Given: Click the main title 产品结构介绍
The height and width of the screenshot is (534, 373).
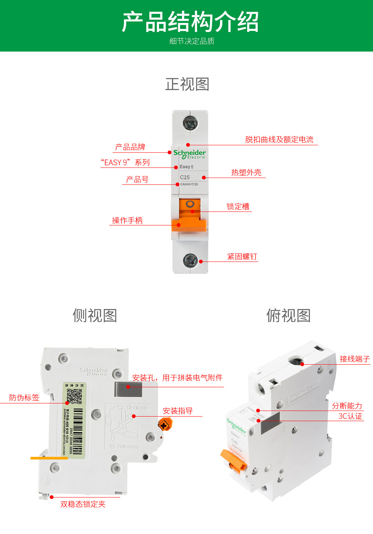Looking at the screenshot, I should pyautogui.click(x=190, y=22).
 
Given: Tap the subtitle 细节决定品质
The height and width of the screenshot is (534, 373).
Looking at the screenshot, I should pyautogui.click(x=192, y=41).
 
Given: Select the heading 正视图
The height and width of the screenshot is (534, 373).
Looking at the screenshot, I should pyautogui.click(x=187, y=84).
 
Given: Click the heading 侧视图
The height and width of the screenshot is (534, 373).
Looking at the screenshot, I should pyautogui.click(x=95, y=315).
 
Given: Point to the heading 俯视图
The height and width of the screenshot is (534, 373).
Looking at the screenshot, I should pyautogui.click(x=289, y=315).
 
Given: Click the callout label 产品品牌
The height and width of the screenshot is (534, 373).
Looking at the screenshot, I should pyautogui.click(x=130, y=147).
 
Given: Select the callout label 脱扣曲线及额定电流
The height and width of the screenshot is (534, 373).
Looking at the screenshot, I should pyautogui.click(x=279, y=140).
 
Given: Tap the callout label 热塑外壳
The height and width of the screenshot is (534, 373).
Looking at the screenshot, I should pyautogui.click(x=246, y=173).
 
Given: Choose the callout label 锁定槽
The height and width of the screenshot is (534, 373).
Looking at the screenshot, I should pyautogui.click(x=238, y=207).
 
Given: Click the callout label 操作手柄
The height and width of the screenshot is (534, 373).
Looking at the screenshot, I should pyautogui.click(x=127, y=221).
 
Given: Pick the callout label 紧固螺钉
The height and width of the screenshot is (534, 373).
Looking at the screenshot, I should pyautogui.click(x=242, y=257).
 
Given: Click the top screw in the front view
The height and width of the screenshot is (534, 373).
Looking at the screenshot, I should pyautogui.click(x=190, y=123).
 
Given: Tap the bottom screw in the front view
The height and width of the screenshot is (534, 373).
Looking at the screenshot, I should pyautogui.click(x=190, y=259).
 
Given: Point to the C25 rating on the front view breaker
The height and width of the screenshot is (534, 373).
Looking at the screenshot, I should pyautogui.click(x=185, y=177).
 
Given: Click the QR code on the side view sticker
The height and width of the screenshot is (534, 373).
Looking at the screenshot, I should pyautogui.click(x=74, y=396).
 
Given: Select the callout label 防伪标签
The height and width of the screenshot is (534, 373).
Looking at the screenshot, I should pyautogui.click(x=24, y=398).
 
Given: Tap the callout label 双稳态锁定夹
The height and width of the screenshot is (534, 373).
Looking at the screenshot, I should pyautogui.click(x=83, y=504).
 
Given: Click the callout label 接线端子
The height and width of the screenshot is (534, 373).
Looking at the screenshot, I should pyautogui.click(x=355, y=359).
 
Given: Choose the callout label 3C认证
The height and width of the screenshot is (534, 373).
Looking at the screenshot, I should pyautogui.click(x=350, y=416).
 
